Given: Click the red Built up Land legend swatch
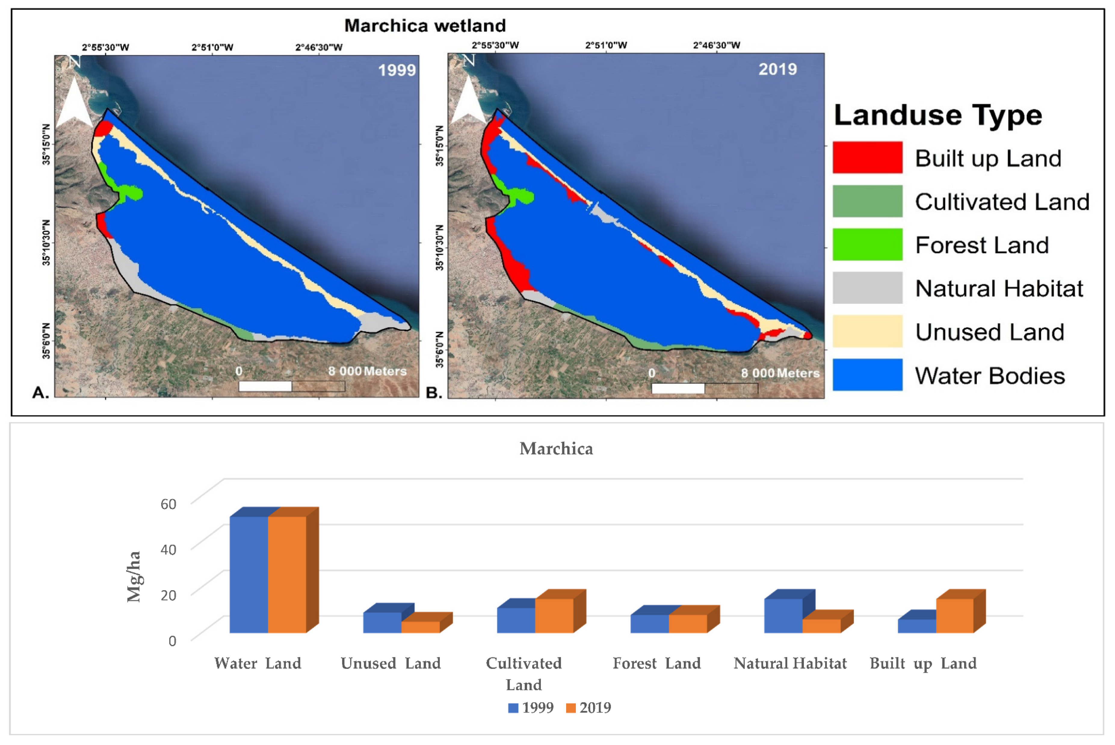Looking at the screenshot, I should point(867,157).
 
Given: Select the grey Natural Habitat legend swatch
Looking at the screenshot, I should point(867,287).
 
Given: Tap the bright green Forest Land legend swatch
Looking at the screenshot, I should point(867,244).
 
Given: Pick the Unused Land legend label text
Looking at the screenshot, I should point(989,332).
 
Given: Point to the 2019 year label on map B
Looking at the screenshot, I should point(777,69).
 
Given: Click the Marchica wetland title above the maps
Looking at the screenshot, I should point(425,25).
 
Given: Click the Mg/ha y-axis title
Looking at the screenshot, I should point(134,576).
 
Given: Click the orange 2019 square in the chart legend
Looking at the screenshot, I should point(570,708).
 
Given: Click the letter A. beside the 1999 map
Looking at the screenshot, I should point(40,393).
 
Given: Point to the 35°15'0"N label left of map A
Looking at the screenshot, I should point(46,144).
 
